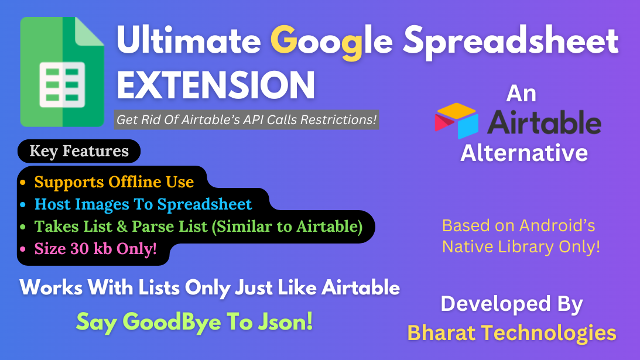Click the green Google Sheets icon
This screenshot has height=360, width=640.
(62, 72)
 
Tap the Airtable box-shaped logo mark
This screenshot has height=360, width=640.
(456, 121)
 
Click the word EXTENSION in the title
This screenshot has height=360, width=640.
(216, 85)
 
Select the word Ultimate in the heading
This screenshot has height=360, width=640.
(189, 41)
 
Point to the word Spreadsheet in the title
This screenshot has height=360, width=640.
(511, 43)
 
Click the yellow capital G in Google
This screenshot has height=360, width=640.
(283, 40)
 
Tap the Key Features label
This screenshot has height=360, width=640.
(79, 151)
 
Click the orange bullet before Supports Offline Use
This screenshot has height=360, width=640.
(23, 182)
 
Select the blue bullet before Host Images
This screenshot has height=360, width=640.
(23, 204)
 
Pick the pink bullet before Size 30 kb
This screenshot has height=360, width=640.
(23, 249)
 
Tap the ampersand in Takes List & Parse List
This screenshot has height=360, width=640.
(122, 226)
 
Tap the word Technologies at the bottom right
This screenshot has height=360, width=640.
(549, 334)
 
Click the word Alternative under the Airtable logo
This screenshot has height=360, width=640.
(524, 153)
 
